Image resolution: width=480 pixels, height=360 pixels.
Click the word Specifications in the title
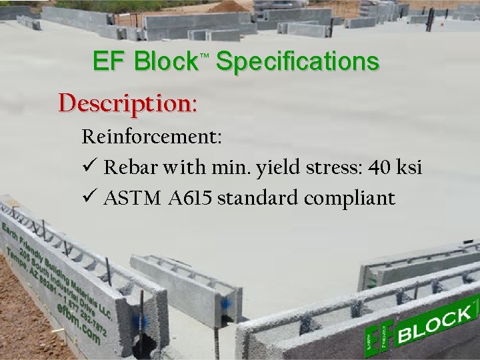point(297,62)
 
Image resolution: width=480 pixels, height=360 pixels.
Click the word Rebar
point(131,167)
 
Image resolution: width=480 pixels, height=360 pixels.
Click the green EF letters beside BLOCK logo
point(375,336)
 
